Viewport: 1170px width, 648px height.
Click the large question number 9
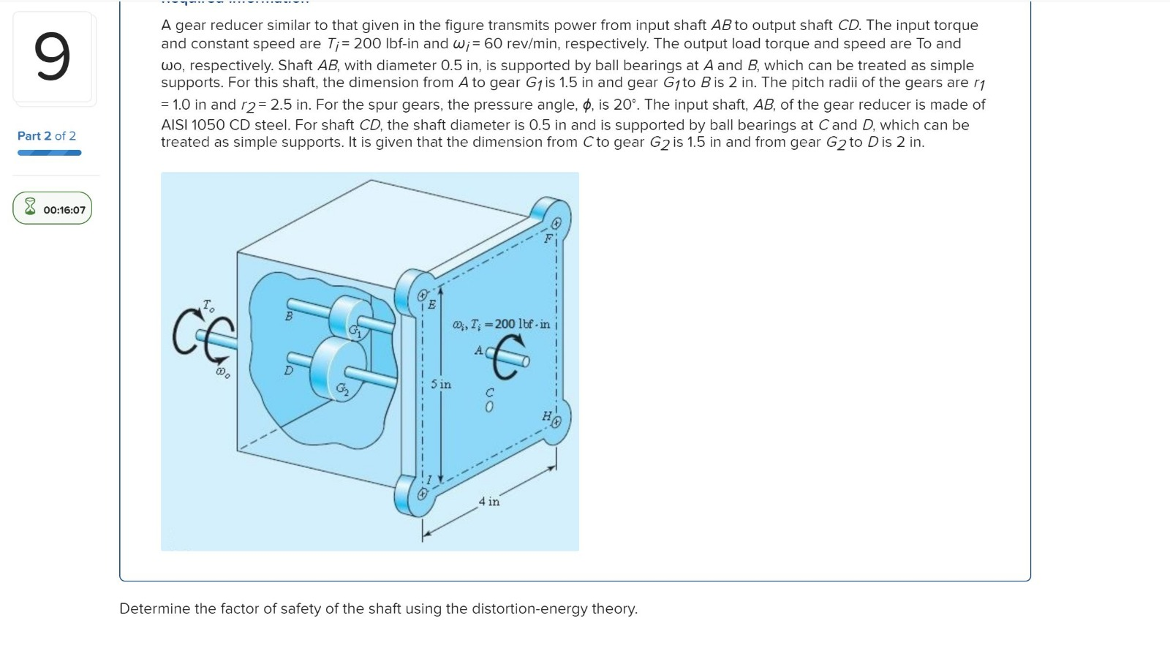52,57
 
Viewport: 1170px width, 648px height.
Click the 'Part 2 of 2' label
47,136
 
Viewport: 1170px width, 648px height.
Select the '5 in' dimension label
441,384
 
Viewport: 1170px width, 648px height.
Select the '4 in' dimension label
489,502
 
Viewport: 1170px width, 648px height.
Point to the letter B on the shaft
289,316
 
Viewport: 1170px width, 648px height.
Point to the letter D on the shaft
289,371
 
